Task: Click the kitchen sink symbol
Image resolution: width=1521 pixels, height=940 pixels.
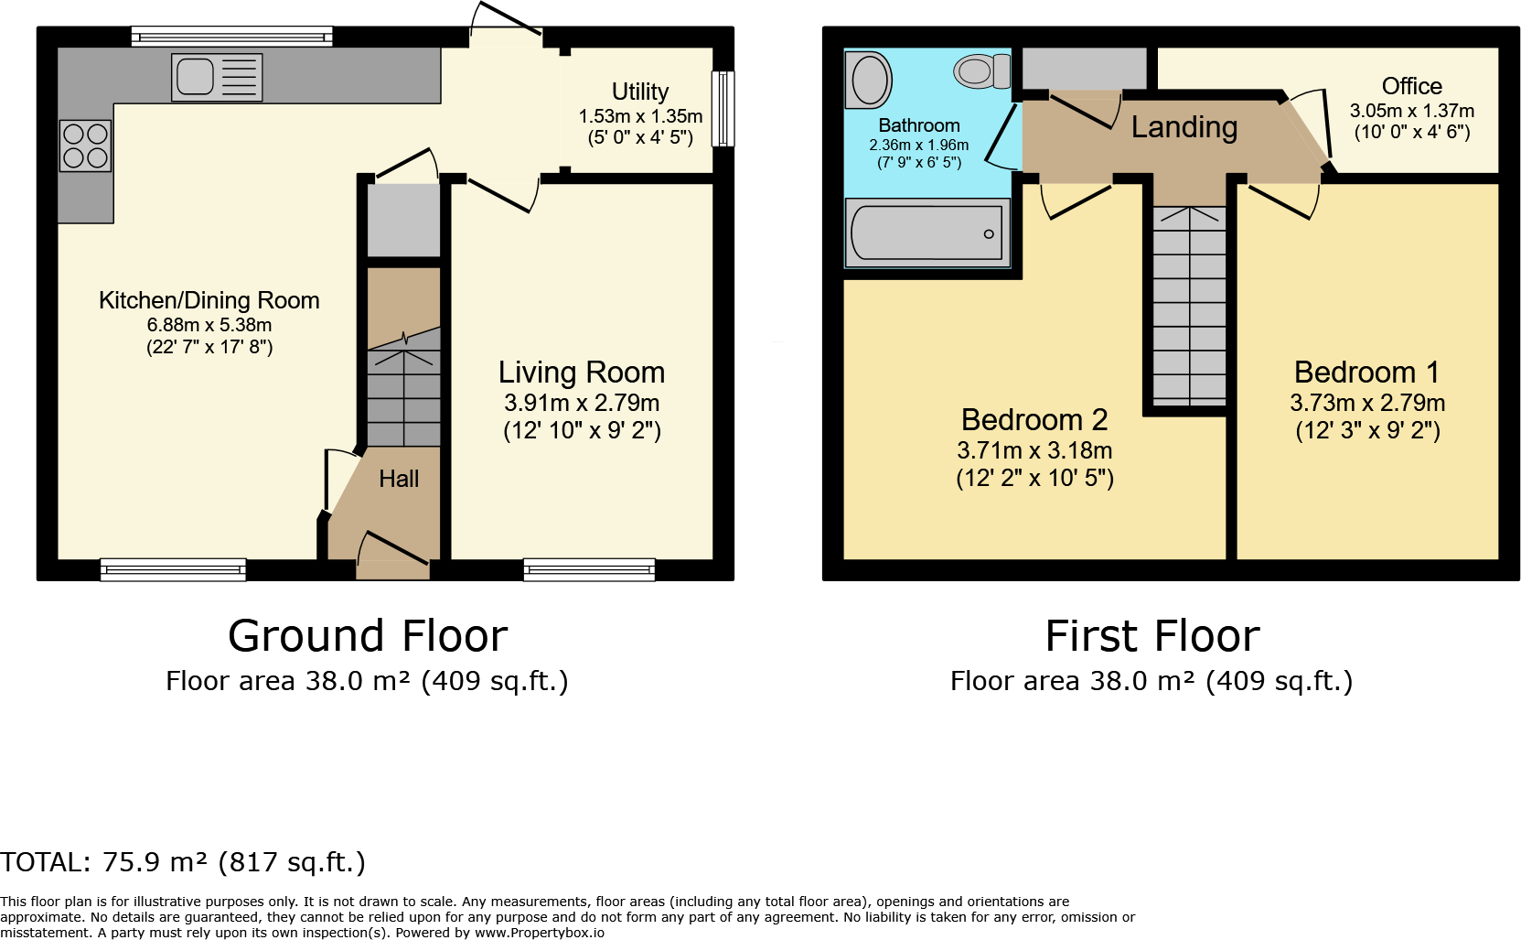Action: (216, 77)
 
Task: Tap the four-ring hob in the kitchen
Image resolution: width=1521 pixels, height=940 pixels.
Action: (86, 146)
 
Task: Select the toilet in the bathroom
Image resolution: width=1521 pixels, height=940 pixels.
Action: (980, 71)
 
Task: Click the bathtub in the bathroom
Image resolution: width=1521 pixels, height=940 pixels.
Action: (927, 233)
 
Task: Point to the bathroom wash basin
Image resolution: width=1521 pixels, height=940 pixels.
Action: (870, 80)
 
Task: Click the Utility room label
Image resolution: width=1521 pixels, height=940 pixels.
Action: (639, 92)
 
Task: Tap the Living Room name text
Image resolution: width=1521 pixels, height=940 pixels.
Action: (581, 373)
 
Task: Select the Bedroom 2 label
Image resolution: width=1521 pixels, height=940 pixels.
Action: (1034, 419)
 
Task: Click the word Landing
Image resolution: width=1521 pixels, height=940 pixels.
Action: (1184, 127)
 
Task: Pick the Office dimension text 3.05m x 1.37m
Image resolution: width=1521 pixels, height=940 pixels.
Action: (1411, 111)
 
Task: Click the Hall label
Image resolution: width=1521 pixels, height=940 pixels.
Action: (399, 479)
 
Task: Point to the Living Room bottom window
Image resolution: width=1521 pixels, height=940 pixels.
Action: (589, 569)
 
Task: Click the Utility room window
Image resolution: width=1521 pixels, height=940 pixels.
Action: (723, 108)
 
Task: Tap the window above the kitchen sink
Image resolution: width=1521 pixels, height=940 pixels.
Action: (231, 37)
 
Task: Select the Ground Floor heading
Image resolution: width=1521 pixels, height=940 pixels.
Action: (368, 635)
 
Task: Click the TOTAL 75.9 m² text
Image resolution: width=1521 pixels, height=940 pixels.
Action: (183, 862)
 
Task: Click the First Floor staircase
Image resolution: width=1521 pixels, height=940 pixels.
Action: (1188, 307)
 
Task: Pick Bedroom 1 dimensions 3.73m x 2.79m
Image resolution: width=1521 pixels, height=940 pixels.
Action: (1366, 403)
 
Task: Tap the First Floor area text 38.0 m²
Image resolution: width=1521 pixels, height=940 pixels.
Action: (1151, 681)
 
